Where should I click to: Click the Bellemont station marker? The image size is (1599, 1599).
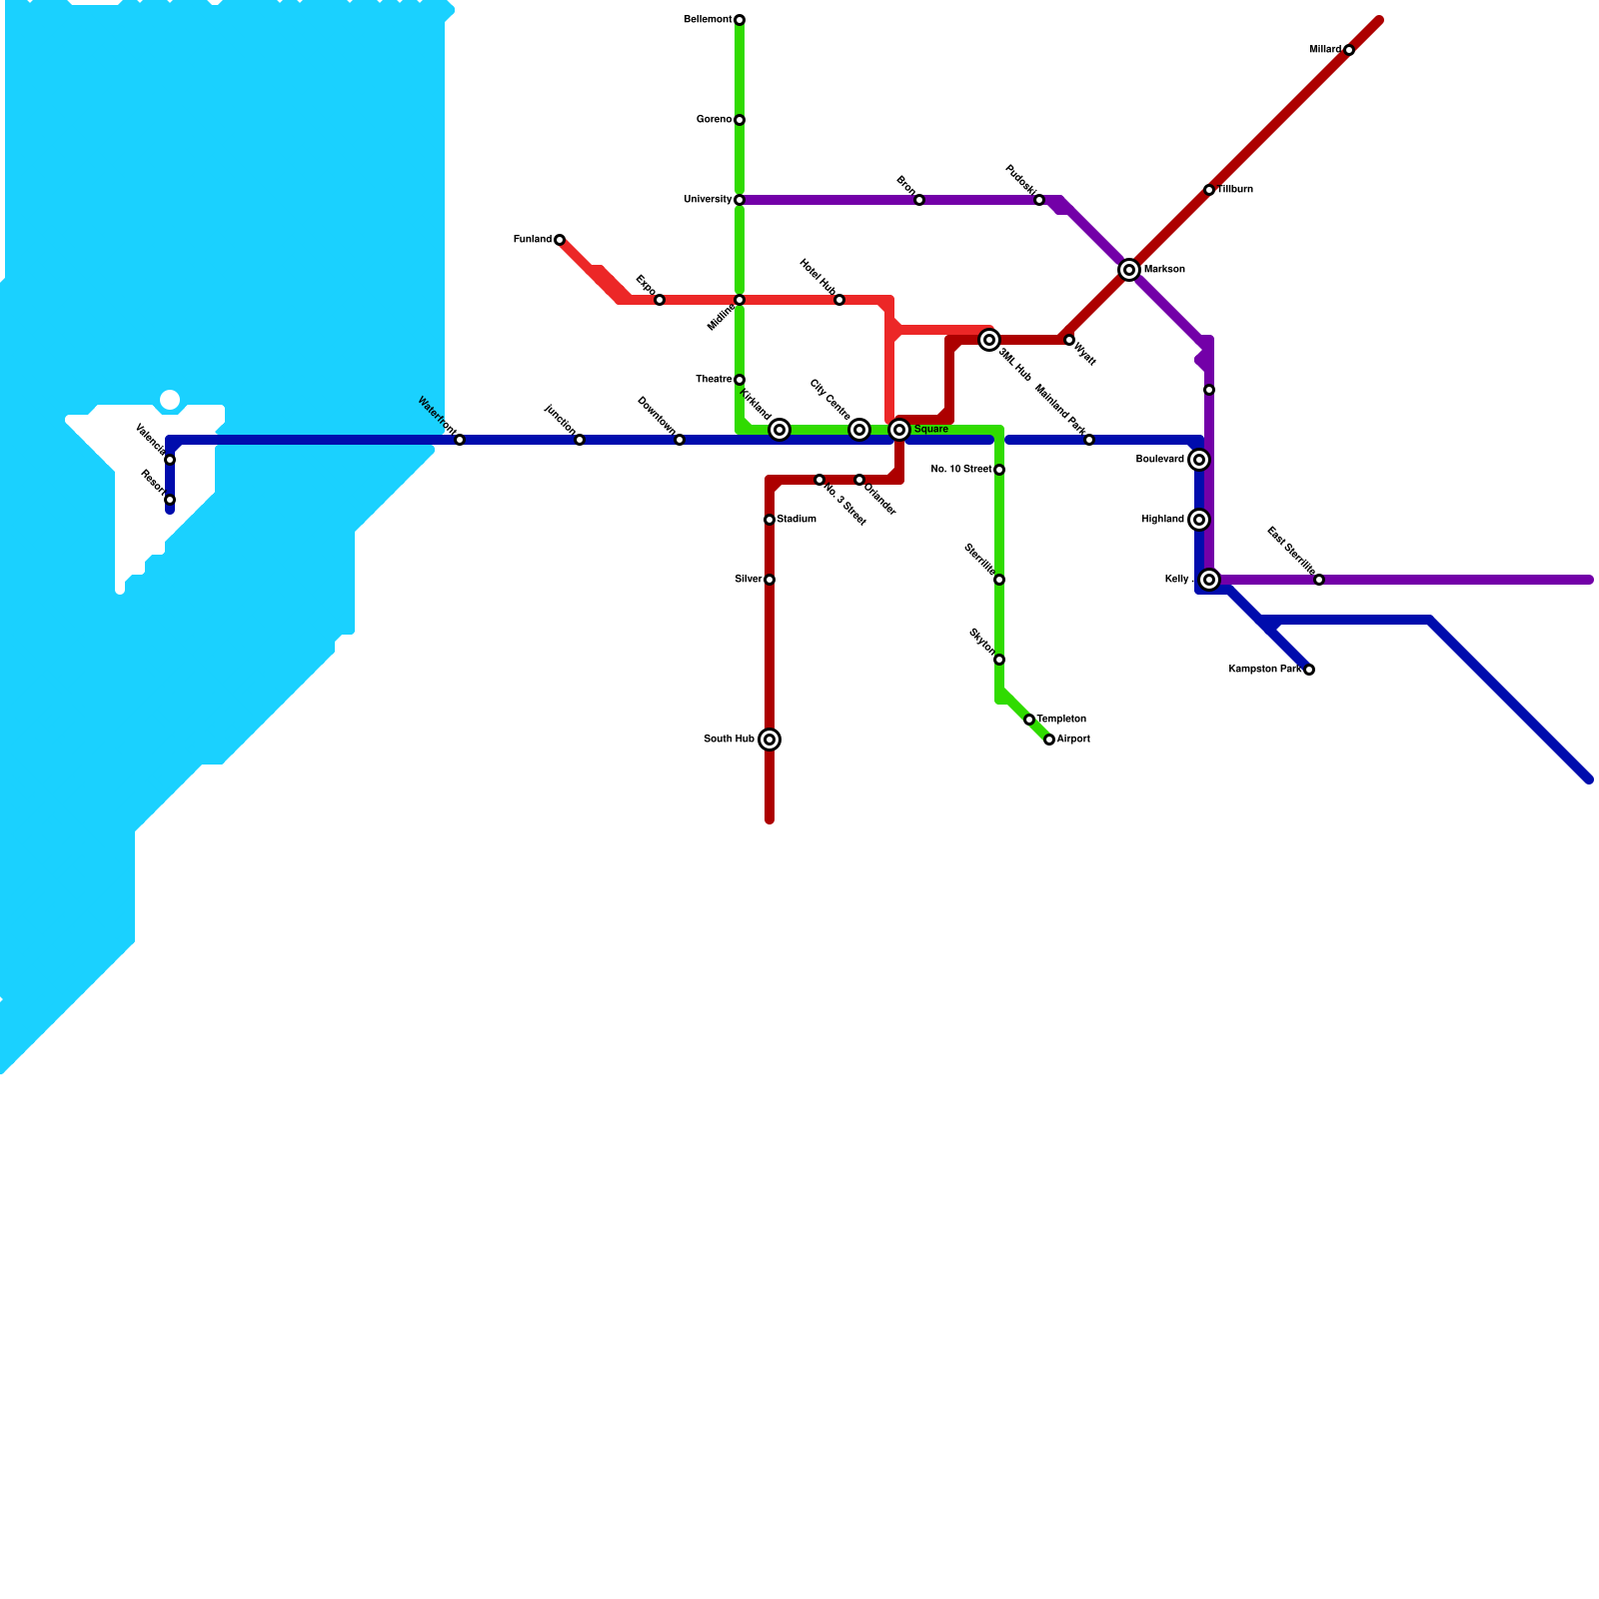740,20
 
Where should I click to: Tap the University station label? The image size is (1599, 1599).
707,200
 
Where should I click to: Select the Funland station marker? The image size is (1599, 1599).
560,240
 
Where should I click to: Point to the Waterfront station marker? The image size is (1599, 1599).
460,440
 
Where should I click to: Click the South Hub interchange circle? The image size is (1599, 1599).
770,740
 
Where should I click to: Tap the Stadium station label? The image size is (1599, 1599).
797,520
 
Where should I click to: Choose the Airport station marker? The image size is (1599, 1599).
1049,740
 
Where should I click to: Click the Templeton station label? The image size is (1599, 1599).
1061,720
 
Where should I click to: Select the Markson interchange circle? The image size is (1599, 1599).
1129,270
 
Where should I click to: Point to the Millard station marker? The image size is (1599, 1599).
1349,50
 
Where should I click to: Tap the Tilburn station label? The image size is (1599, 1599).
1235,190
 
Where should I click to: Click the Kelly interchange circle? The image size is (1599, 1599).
1209,580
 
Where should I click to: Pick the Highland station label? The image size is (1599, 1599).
1162,520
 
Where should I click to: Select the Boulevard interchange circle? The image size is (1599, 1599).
1199,460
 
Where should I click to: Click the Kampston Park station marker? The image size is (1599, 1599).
1309,670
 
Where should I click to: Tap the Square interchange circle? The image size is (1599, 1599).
899,430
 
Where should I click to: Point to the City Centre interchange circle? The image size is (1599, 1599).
859,430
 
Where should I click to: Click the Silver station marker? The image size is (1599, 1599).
770,580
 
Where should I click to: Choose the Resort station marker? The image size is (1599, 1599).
170,500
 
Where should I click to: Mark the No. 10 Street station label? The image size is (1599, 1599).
960,470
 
